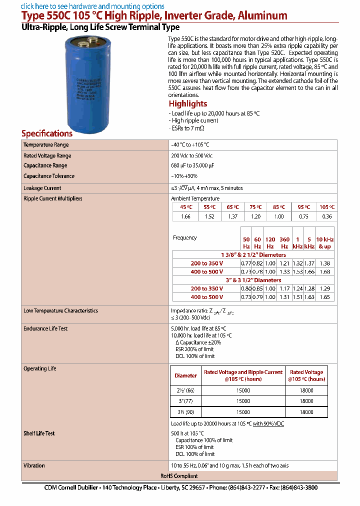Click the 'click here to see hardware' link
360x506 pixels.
point(92,6)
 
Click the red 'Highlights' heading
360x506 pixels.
point(188,103)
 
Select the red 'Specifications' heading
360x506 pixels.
point(47,133)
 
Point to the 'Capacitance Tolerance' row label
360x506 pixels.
point(49,176)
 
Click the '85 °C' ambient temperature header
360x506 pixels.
point(279,207)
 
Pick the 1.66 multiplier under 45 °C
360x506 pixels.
point(185,216)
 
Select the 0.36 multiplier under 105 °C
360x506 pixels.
point(326,216)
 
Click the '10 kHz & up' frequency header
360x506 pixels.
point(324,243)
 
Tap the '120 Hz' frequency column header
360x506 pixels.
point(270,243)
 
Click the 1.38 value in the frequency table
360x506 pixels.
point(324,263)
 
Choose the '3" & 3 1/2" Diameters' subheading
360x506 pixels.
point(253,280)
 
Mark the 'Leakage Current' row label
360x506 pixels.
point(42,188)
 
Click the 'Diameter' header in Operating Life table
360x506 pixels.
point(185,375)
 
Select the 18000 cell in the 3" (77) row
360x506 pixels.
point(306,401)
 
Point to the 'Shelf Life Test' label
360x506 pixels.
point(39,433)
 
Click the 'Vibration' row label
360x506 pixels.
point(34,465)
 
